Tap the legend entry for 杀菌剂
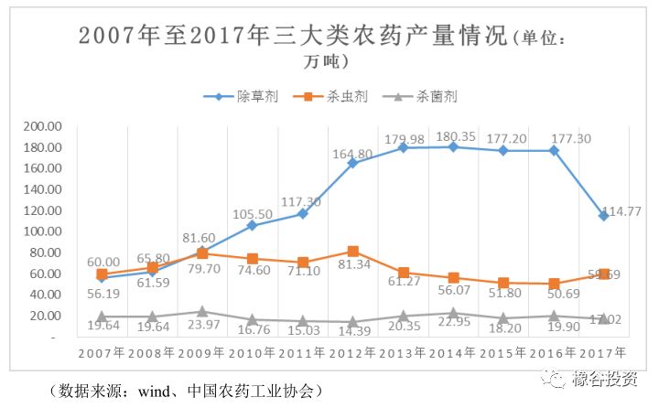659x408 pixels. (x=437, y=96)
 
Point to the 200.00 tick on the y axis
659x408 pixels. (x=41, y=126)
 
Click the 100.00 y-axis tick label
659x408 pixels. (x=41, y=231)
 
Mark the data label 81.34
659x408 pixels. (x=352, y=266)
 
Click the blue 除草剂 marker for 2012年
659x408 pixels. (x=353, y=163)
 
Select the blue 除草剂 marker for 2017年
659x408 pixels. (x=604, y=216)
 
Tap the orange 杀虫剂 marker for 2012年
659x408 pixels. (x=353, y=251)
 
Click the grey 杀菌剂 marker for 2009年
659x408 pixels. (x=202, y=312)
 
